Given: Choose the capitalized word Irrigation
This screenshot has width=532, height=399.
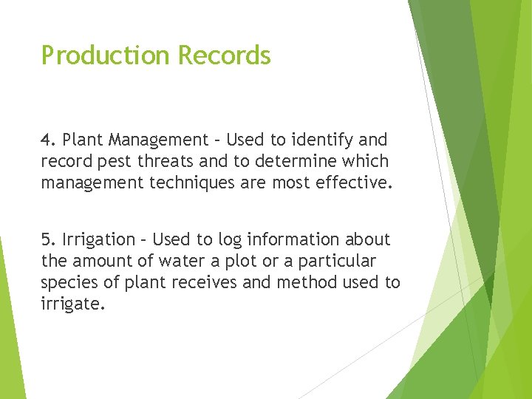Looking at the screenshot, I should pos(95,239).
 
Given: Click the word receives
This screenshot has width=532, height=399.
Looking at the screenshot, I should pos(211,282).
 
